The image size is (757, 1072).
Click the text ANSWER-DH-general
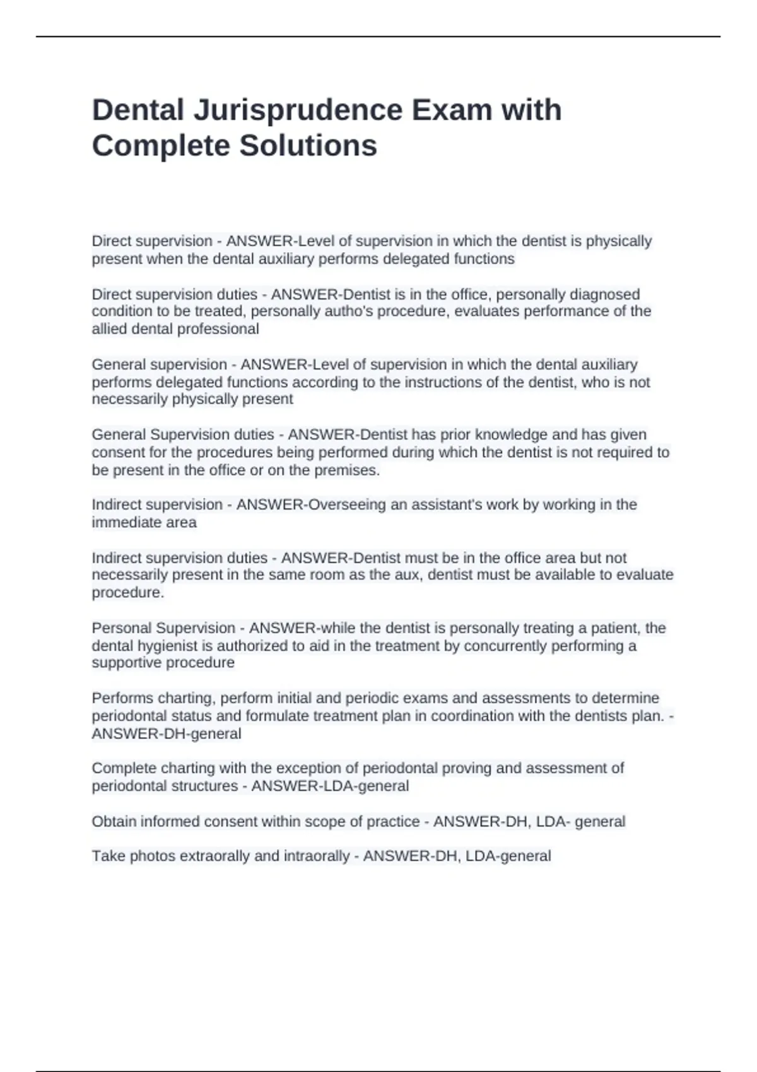(167, 733)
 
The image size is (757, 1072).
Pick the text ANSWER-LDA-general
(330, 786)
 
